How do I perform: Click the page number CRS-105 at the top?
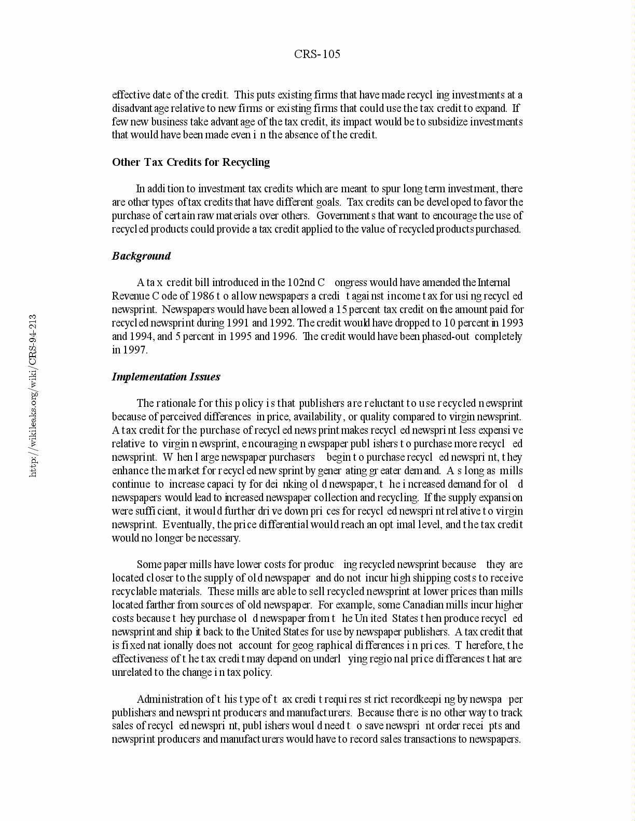(x=317, y=54)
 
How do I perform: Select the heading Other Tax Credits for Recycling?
(x=191, y=162)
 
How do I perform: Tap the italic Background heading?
(x=141, y=256)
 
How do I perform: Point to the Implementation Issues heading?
(x=166, y=377)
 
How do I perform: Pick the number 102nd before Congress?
(x=301, y=282)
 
